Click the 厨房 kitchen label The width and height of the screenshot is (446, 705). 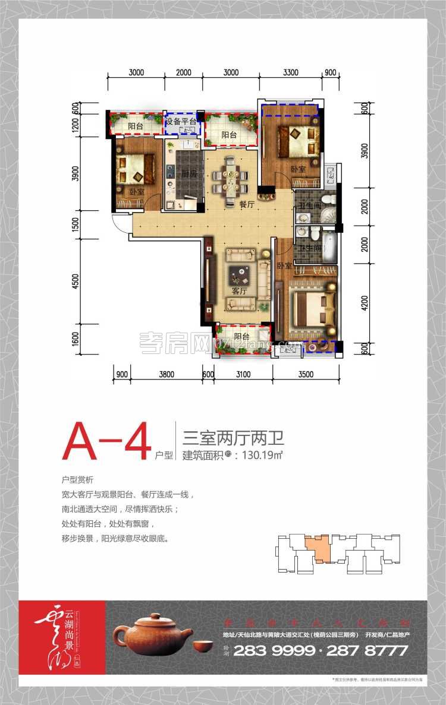click(x=174, y=174)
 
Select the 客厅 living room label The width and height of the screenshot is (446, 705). click(x=239, y=291)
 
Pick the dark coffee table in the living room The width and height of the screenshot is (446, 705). click(x=242, y=274)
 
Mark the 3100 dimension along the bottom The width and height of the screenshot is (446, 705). click(x=244, y=374)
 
